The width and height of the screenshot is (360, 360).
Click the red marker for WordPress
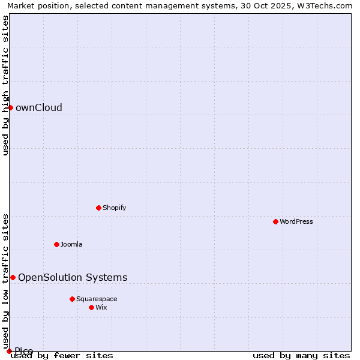pos(275,221)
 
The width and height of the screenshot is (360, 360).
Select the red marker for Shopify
pos(98,208)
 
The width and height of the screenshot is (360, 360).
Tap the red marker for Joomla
pos(56,244)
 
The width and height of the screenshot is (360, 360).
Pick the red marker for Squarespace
pos(72,299)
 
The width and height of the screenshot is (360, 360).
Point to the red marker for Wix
pos(91,307)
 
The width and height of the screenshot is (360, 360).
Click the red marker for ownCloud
pos(10,107)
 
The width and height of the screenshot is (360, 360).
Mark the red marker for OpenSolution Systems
pos(13,277)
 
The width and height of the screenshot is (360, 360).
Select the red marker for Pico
pos(9,351)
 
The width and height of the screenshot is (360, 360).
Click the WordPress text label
pos(296,221)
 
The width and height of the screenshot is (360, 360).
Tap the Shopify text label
pos(114,208)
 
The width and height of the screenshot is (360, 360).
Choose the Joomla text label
pos(71,244)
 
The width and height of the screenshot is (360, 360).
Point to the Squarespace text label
pos(97,299)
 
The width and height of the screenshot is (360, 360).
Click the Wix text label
pos(101,307)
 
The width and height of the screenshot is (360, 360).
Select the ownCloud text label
pos(39,107)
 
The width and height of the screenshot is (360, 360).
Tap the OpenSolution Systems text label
pos(73,277)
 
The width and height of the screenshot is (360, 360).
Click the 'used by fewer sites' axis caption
pos(62,355)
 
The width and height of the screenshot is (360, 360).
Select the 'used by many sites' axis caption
pos(301,355)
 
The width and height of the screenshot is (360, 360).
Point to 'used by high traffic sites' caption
pos(5,85)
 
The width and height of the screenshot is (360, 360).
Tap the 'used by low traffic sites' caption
pos(5,277)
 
